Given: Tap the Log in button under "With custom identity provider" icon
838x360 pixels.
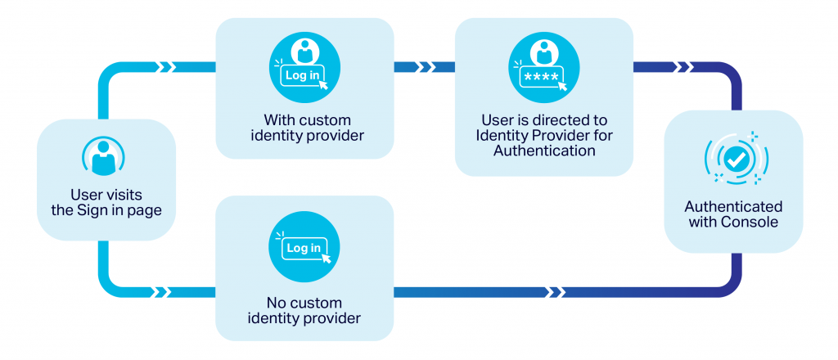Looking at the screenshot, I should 303,75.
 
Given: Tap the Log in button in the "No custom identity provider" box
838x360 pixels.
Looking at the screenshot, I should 303,248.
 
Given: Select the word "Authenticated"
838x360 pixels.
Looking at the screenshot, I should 733,207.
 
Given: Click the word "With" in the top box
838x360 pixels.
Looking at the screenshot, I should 278,118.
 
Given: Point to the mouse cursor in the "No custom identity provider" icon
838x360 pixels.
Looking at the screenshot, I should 327,258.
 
